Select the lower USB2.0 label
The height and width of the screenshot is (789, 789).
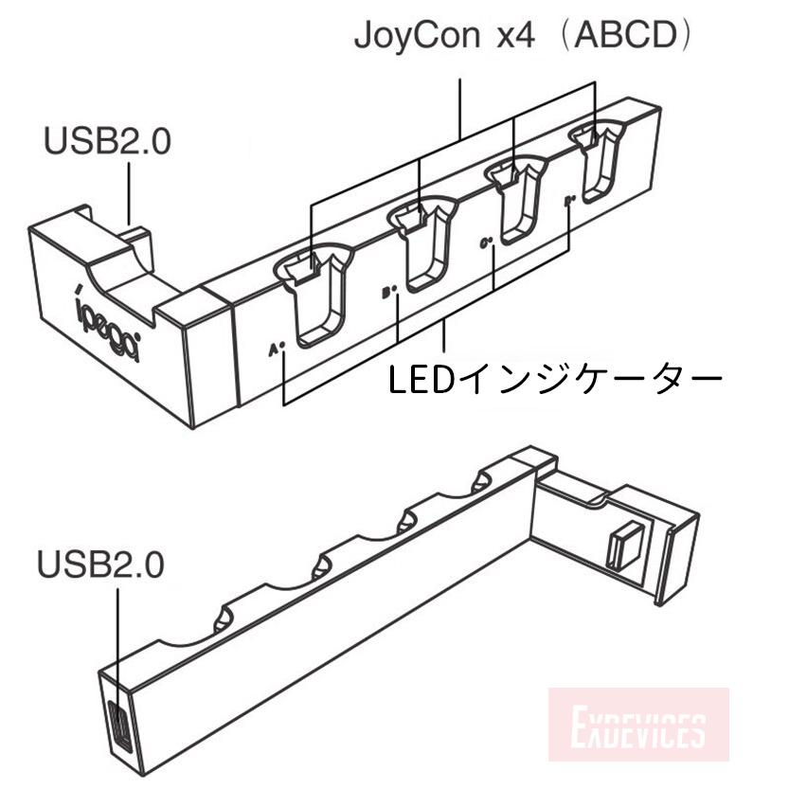[x=100, y=565]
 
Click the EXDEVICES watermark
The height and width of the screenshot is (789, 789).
[x=638, y=731]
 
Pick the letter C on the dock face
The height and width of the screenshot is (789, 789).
[x=485, y=244]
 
